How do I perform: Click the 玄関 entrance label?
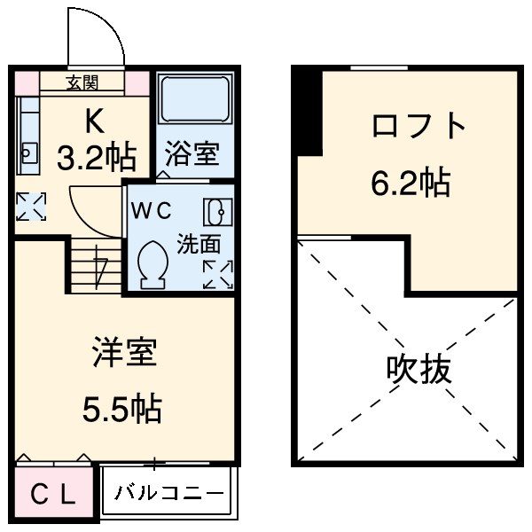(83, 83)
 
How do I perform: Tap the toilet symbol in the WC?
(153, 262)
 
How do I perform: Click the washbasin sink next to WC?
(216, 212)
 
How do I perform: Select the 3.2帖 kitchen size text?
(97, 158)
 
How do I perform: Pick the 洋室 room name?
(124, 353)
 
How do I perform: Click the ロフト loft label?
(419, 127)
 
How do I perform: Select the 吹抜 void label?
(419, 369)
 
